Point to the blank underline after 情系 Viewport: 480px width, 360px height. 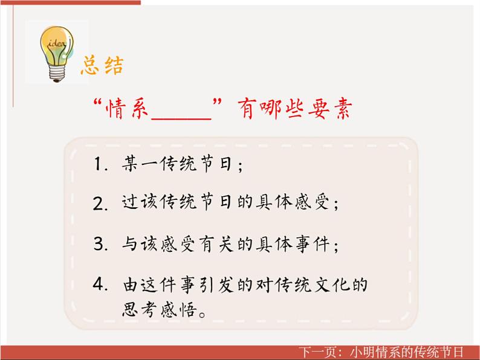point(180,116)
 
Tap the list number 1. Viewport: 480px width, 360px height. point(100,165)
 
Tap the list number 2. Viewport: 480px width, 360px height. point(100,204)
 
